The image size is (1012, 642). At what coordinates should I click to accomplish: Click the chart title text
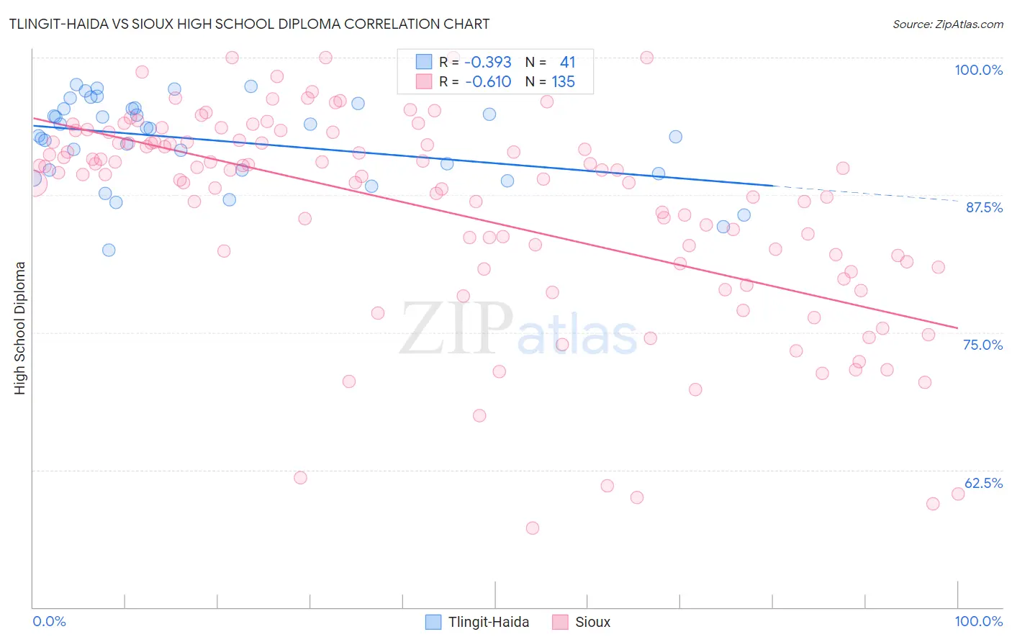pyautogui.click(x=249, y=24)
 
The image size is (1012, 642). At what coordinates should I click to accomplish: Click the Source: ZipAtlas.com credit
pyautogui.click(x=947, y=24)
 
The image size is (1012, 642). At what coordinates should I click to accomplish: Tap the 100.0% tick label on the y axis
pyautogui.click(x=978, y=70)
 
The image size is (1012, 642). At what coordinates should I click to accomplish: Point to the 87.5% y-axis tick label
pyautogui.click(x=983, y=207)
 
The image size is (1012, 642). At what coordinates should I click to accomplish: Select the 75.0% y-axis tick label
pyautogui.click(x=982, y=345)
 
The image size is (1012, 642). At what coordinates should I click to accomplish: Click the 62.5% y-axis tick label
pyautogui.click(x=982, y=483)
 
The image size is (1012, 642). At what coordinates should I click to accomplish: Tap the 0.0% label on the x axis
pyautogui.click(x=49, y=621)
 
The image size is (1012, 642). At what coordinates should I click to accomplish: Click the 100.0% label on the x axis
pyautogui.click(x=978, y=621)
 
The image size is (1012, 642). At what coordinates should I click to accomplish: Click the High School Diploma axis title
pyautogui.click(x=20, y=327)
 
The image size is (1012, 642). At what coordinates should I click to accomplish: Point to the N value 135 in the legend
pyautogui.click(x=563, y=82)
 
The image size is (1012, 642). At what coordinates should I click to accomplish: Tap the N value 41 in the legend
pyautogui.click(x=567, y=63)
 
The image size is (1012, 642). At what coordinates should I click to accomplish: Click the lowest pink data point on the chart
pyautogui.click(x=533, y=528)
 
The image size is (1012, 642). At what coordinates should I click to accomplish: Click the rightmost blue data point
pyautogui.click(x=744, y=215)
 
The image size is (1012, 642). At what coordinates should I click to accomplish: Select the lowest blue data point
pyautogui.click(x=109, y=250)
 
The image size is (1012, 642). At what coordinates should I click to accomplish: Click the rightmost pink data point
pyautogui.click(x=958, y=494)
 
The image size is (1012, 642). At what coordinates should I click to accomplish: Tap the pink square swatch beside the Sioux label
pyautogui.click(x=560, y=622)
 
